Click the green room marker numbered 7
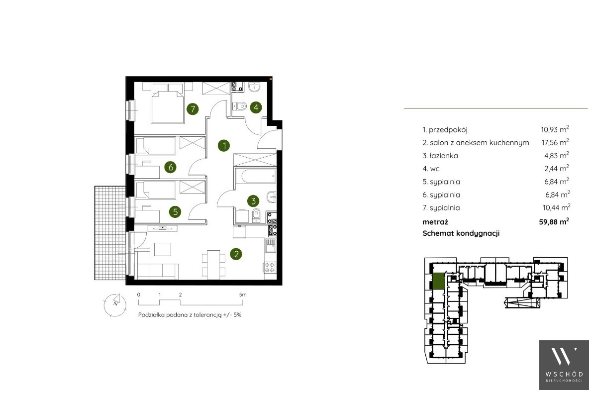193,109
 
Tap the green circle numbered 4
256,107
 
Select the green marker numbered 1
224,145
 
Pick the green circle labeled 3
253,200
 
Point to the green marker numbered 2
236,254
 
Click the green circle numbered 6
171,167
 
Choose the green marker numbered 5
176,211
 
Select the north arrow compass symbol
114,303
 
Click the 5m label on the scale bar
243,295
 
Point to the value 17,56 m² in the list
555,142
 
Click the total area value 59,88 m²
554,221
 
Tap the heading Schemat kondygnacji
461,233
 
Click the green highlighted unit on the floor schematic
438,282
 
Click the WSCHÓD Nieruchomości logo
564,365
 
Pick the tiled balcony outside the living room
110,233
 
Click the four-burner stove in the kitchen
270,267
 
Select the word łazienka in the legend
444,156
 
